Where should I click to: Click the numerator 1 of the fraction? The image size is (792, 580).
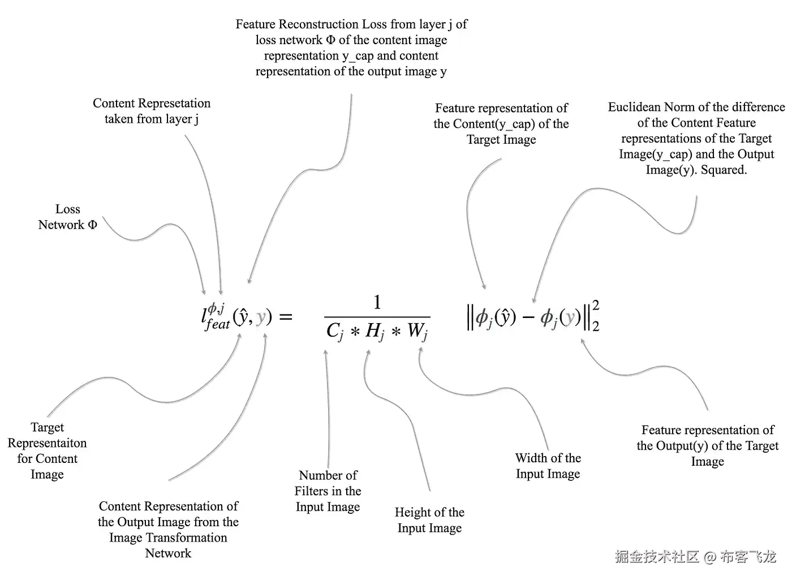[x=377, y=302]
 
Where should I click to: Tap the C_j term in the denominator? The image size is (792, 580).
[x=334, y=331]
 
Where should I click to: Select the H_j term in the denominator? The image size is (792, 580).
[x=375, y=331]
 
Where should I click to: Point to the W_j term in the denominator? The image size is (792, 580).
[x=417, y=331]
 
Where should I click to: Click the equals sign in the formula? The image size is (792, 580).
[x=286, y=316]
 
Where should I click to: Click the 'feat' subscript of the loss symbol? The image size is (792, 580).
[x=218, y=324]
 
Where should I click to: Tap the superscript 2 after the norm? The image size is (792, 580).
[x=596, y=306]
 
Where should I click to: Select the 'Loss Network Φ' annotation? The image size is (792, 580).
[x=67, y=217]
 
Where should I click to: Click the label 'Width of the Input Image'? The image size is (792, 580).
[x=548, y=466]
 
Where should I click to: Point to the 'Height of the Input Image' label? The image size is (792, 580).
[x=429, y=520]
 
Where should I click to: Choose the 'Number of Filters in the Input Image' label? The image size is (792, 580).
[x=328, y=491]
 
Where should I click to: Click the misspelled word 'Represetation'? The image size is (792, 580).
[x=172, y=104]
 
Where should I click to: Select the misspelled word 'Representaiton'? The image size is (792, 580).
[x=47, y=443]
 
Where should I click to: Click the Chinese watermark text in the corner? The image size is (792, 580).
[x=695, y=557]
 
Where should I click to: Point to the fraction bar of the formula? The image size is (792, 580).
[x=377, y=317]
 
